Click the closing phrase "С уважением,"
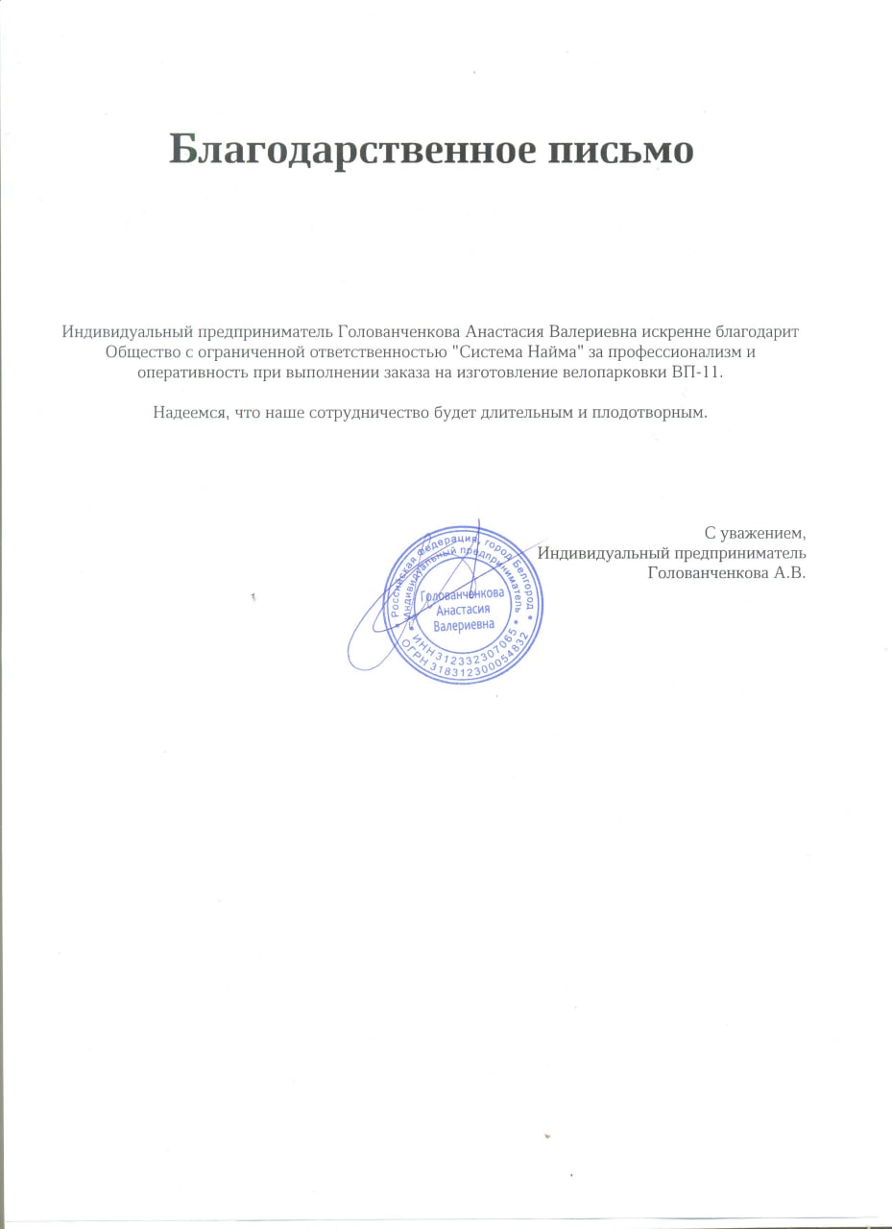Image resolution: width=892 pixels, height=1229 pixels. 754,532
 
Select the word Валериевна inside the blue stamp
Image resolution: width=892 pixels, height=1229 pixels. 464,624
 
